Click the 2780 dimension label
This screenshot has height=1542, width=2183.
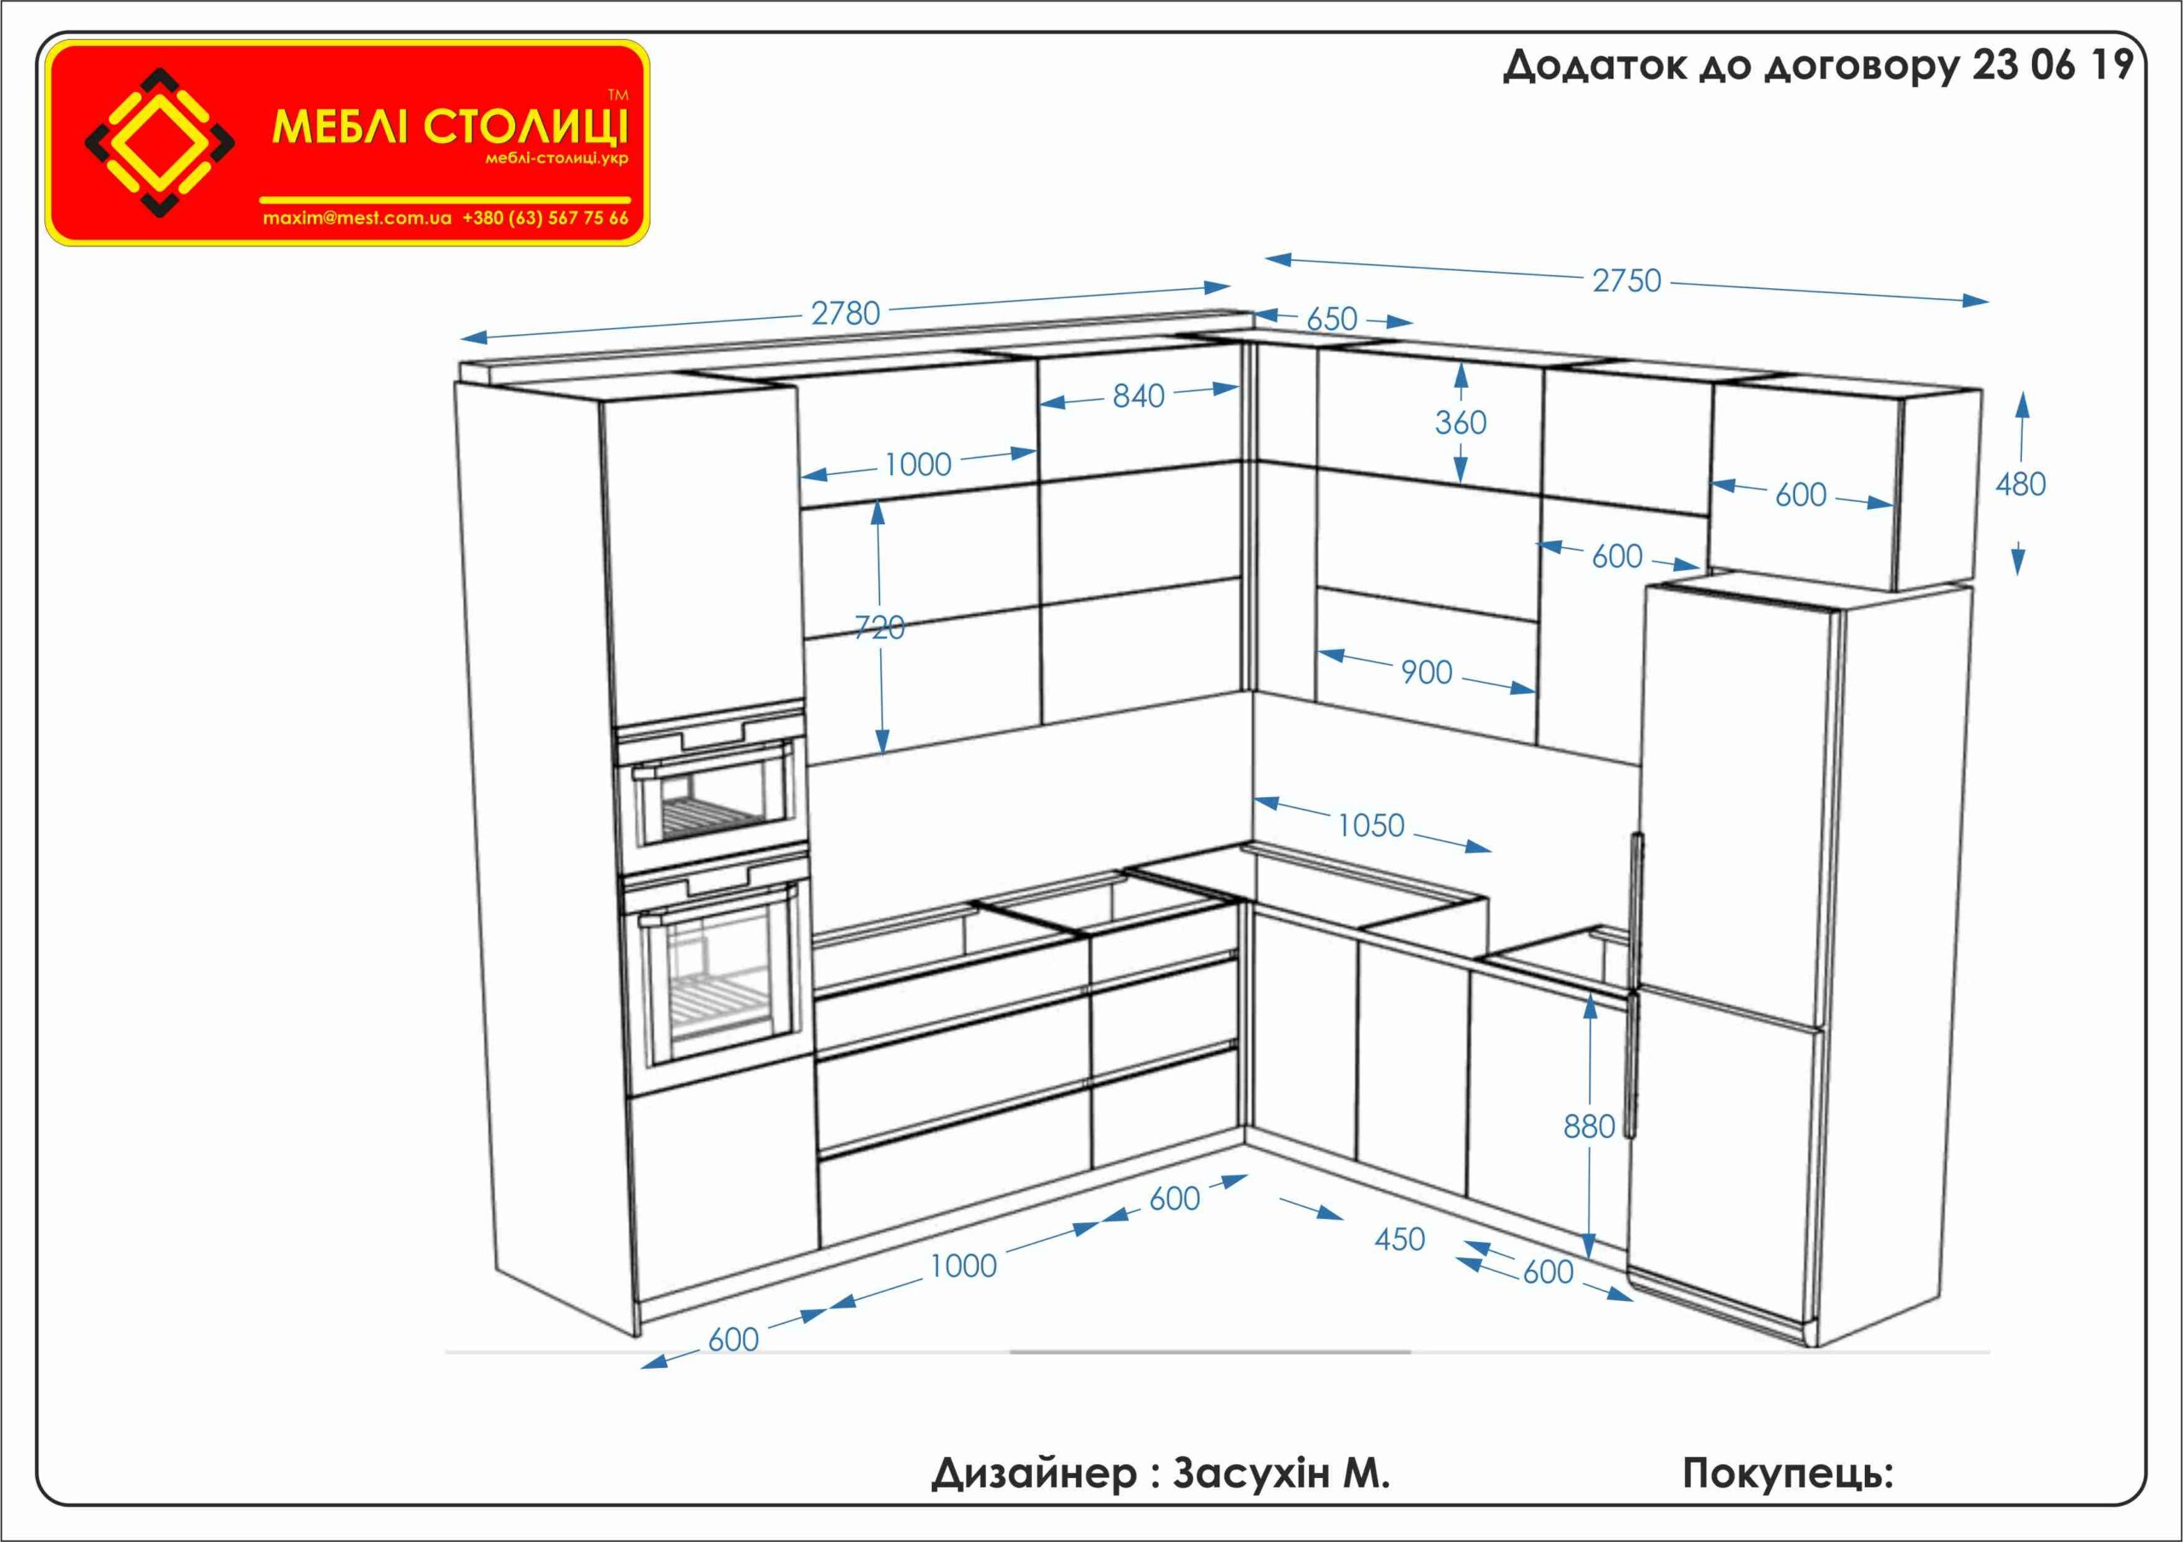coord(845,313)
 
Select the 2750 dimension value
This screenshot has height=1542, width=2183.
coord(1627,280)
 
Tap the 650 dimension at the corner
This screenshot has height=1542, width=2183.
coord(1331,319)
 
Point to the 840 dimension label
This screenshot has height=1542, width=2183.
coord(1138,396)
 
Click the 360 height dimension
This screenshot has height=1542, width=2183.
coord(1461,422)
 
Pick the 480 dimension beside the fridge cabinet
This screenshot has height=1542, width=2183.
coord(2020,485)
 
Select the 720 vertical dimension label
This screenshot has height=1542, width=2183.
coord(879,627)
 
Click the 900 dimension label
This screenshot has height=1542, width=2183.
coord(1426,673)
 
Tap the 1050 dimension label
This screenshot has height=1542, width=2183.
coord(1370,825)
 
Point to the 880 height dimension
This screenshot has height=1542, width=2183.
coord(1589,1128)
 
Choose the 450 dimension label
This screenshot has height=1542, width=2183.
coord(1399,1239)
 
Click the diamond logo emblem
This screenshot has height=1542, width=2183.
coord(159,142)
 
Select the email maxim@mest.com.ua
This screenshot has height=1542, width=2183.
coord(356,217)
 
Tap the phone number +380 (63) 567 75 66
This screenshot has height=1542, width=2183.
coord(546,217)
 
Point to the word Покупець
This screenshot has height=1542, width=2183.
coord(1786,1475)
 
